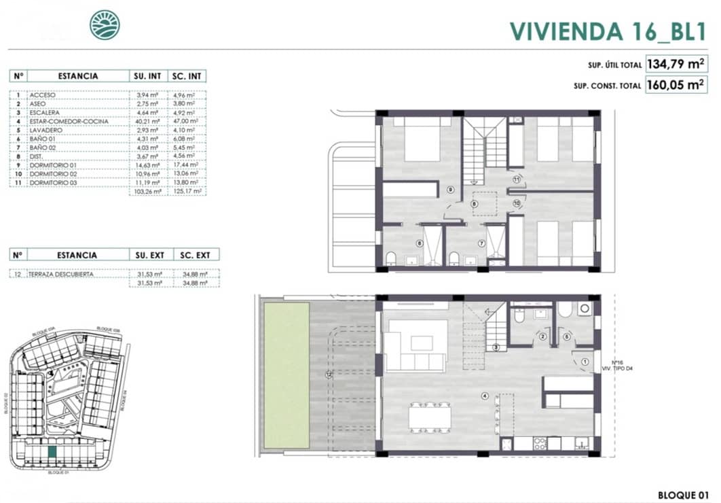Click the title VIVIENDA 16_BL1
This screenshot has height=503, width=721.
pyautogui.click(x=608, y=30)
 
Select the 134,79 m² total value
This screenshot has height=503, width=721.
pyautogui.click(x=676, y=65)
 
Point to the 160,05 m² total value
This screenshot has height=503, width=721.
pyautogui.click(x=676, y=85)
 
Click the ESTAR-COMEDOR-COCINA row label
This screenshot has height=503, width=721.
pyautogui.click(x=59, y=121)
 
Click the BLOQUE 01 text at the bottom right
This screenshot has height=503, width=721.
pyautogui.click(x=684, y=494)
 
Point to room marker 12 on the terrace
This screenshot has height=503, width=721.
pyautogui.click(x=329, y=373)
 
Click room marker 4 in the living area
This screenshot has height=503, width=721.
pyautogui.click(x=484, y=396)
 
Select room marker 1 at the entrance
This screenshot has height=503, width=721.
pyautogui.click(x=585, y=362)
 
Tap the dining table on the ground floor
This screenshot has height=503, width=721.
pyautogui.click(x=430, y=416)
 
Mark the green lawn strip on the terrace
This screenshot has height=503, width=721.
pyautogui.click(x=286, y=375)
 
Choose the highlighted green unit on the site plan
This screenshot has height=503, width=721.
pyautogui.click(x=52, y=451)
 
